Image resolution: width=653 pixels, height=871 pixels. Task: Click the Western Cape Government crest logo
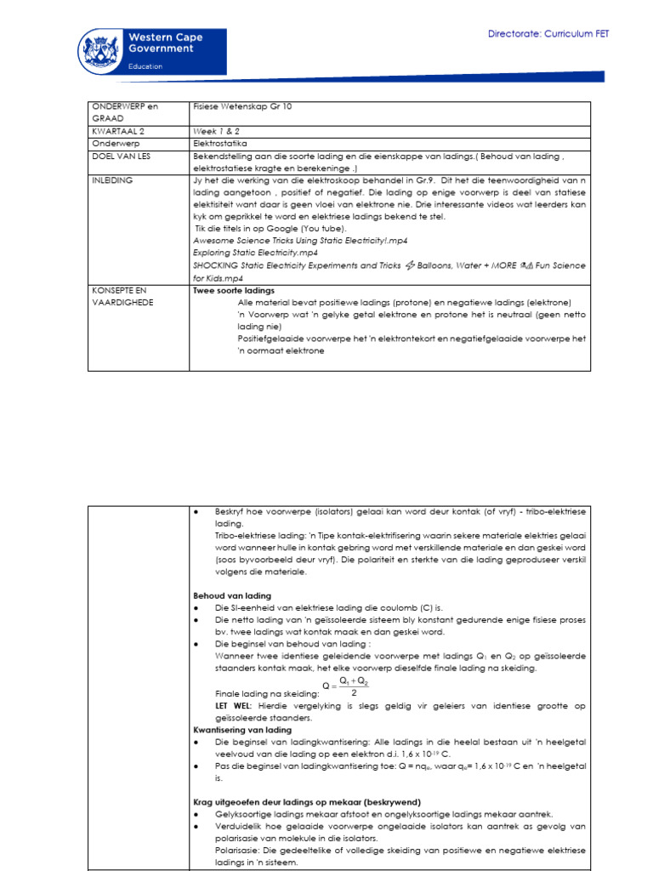pyautogui.click(x=100, y=51)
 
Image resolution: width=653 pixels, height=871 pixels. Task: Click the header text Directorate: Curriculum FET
pyautogui.click(x=548, y=34)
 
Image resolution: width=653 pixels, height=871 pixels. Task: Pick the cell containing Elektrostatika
pyautogui.click(x=223, y=145)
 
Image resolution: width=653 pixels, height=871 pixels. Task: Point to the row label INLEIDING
pyautogui.click(x=114, y=181)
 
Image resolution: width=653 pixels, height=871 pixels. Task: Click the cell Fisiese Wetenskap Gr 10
pyautogui.click(x=241, y=107)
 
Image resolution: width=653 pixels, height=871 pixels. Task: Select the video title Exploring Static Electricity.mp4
pyautogui.click(x=256, y=253)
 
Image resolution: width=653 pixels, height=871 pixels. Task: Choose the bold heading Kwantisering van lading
pyautogui.click(x=242, y=730)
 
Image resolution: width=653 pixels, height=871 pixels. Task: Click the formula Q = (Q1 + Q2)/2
pyautogui.click(x=348, y=686)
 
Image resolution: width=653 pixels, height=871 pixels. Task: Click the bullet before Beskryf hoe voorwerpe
pyautogui.click(x=196, y=513)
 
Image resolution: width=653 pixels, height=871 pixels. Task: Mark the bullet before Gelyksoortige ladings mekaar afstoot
pyautogui.click(x=196, y=815)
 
